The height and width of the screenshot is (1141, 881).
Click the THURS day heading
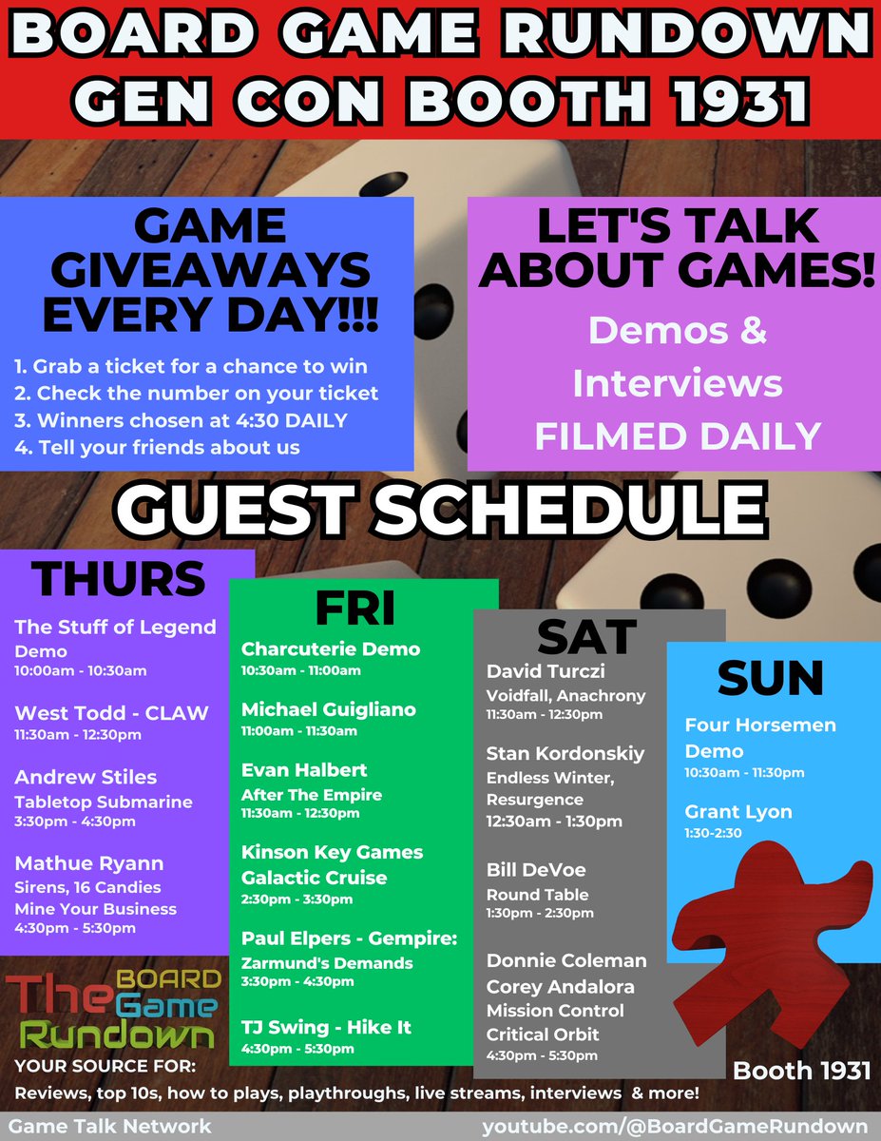(119, 579)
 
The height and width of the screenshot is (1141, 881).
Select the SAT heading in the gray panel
(586, 636)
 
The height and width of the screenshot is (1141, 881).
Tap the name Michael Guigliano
(329, 709)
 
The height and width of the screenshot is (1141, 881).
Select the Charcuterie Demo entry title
(331, 649)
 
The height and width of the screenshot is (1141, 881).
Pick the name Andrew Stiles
(86, 777)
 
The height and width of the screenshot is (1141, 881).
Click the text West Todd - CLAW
(111, 712)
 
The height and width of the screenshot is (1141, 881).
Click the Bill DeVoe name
(536, 870)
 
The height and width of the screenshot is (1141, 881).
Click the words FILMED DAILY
(678, 435)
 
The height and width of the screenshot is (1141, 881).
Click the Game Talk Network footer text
(111, 1127)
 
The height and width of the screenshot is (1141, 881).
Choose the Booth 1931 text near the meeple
(802, 1071)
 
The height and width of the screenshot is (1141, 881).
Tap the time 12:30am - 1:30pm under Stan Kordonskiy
(554, 821)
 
